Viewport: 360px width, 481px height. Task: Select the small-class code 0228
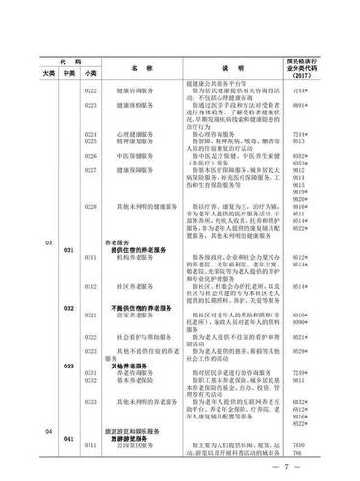[91, 206]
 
